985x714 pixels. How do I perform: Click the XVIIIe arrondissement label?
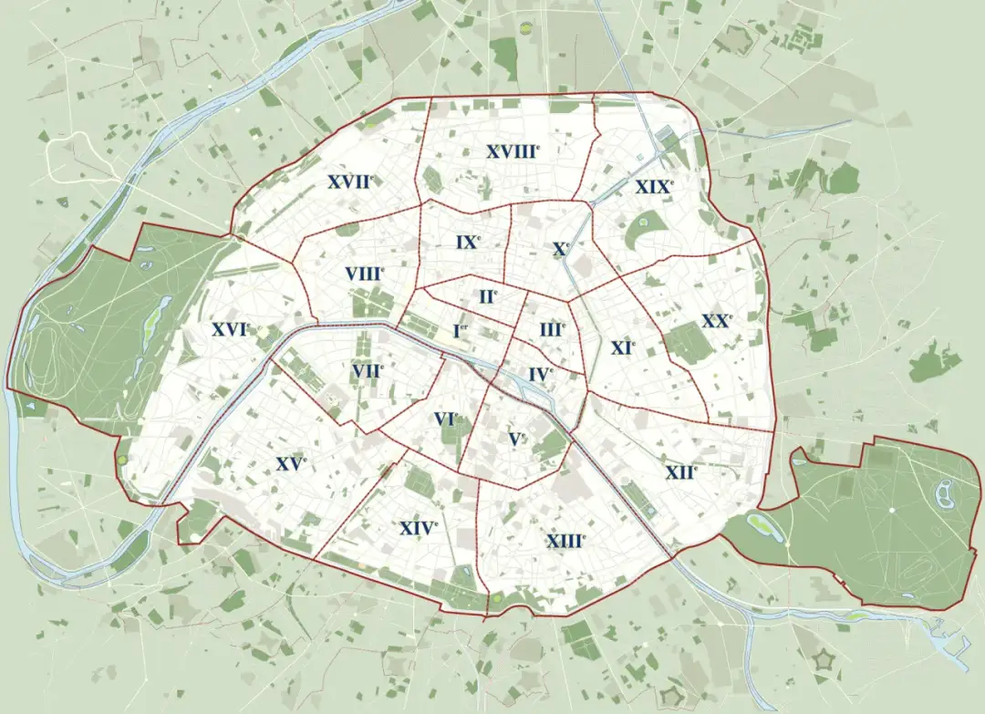pyautogui.click(x=513, y=152)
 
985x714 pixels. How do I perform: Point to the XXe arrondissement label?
pyautogui.click(x=717, y=321)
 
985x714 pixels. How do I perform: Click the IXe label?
pyautogui.click(x=468, y=243)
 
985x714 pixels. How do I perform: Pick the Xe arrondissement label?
pyautogui.click(x=561, y=248)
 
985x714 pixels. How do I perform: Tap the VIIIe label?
pyautogui.click(x=365, y=273)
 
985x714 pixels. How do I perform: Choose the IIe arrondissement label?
pyautogui.click(x=488, y=296)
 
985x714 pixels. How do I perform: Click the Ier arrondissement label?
pyautogui.click(x=461, y=330)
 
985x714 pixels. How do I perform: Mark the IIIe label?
pyautogui.click(x=552, y=329)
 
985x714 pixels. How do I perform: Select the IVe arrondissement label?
pyautogui.click(x=540, y=374)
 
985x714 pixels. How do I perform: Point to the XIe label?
pyautogui.click(x=623, y=347)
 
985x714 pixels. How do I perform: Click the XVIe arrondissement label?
pyautogui.click(x=230, y=329)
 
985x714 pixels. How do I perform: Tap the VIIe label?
pyautogui.click(x=368, y=370)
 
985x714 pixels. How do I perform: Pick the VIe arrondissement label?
pyautogui.click(x=445, y=419)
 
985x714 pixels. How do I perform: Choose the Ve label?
pyautogui.click(x=517, y=439)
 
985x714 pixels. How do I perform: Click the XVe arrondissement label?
pyautogui.click(x=291, y=464)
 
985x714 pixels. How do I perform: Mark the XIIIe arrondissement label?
pyautogui.click(x=565, y=541)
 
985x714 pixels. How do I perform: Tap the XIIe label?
pyautogui.click(x=681, y=472)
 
